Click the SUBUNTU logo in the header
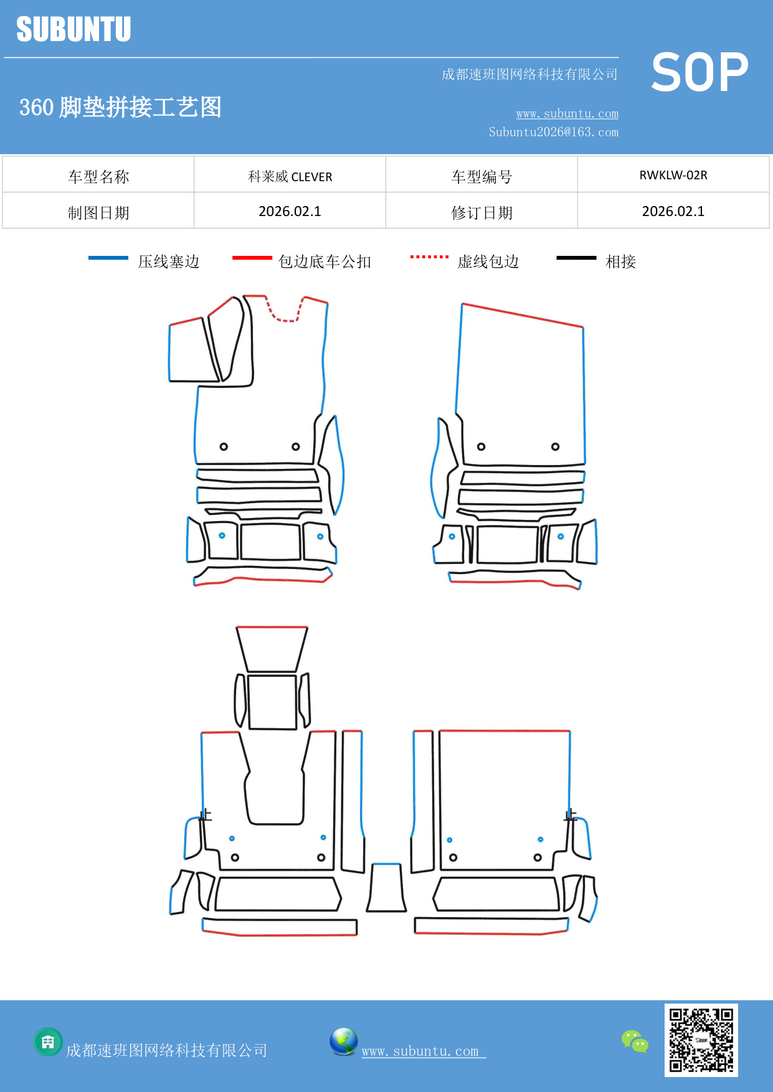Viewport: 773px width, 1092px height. point(74,29)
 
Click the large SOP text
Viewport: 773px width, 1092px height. point(699,72)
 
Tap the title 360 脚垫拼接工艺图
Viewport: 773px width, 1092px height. point(120,107)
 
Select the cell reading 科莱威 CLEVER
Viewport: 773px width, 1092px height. point(290,177)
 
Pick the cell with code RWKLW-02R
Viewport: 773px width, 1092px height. point(673,176)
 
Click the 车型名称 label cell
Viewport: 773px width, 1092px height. point(98,177)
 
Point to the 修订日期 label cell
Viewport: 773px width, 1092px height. point(481,213)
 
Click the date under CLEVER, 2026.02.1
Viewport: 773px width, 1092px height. point(290,212)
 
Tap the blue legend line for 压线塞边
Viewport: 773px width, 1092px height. point(108,258)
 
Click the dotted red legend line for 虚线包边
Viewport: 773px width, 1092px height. point(429,257)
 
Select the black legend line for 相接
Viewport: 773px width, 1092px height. point(576,258)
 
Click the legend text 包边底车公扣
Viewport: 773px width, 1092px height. point(325,261)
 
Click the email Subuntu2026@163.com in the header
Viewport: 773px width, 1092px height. point(553,132)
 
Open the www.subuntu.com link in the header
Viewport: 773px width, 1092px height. point(567,114)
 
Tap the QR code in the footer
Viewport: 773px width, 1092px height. point(701,1040)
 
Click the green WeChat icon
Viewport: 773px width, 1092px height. point(635,1041)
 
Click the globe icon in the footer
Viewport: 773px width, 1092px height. point(343,1042)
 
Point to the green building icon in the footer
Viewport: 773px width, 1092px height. point(48,1042)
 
